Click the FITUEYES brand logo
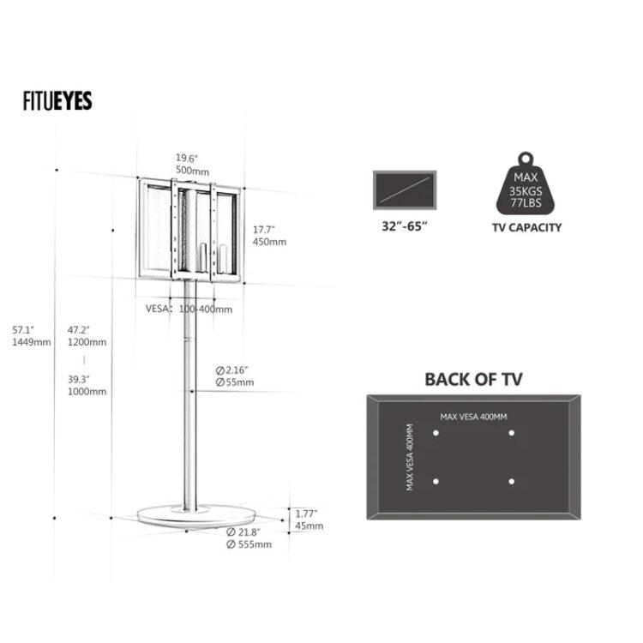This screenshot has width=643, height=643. [x=57, y=101]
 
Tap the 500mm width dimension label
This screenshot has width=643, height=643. [x=192, y=171]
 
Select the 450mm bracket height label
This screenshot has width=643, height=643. [x=269, y=242]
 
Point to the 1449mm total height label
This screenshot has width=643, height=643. [x=32, y=342]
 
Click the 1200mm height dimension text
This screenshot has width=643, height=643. [x=87, y=342]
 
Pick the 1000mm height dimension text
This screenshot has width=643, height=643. [x=87, y=392]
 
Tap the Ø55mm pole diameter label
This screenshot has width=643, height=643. [x=235, y=382]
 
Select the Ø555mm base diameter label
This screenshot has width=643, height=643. [x=249, y=544]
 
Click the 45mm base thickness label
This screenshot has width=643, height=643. [x=309, y=526]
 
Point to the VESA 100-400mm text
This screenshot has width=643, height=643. [x=189, y=309]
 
